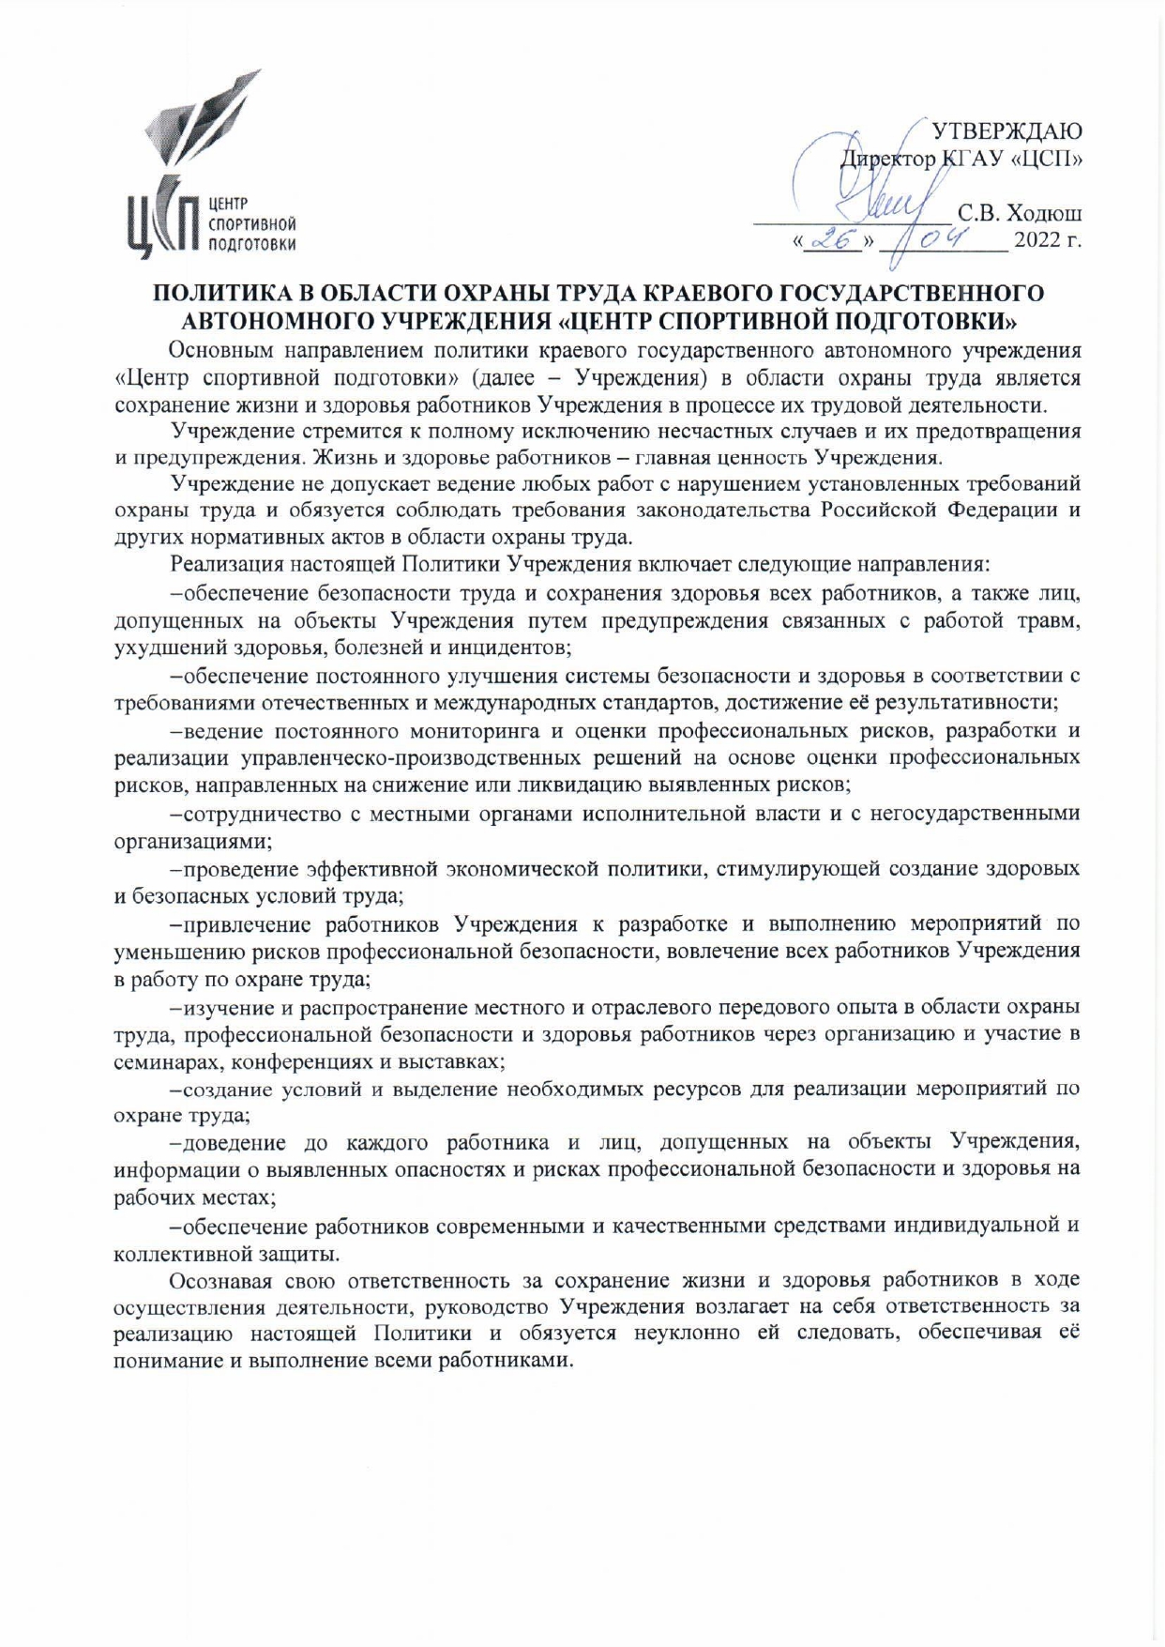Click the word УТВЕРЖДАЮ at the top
[x=1005, y=130]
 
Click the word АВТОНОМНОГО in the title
[x=279, y=321]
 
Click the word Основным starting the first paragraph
[x=223, y=351]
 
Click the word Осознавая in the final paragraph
[x=224, y=1281]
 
